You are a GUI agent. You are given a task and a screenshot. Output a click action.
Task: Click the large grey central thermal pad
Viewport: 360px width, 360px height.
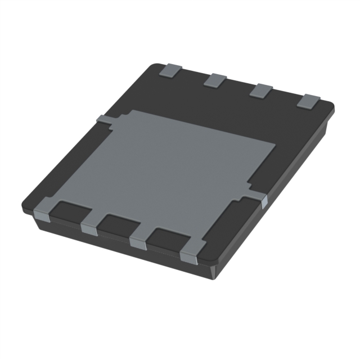[180, 163]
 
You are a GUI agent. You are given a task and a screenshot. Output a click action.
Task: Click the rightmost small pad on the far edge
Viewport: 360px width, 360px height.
[308, 101]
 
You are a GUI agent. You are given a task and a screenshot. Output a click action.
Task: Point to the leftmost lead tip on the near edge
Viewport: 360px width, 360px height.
[42, 211]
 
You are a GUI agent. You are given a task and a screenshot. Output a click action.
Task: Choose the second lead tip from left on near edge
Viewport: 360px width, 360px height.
[89, 227]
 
